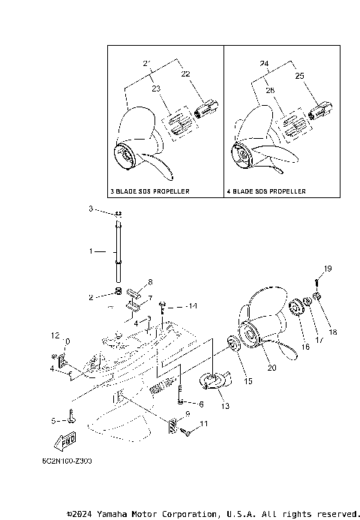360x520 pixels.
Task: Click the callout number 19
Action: [x=328, y=269]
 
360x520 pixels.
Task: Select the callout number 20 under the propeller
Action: [x=271, y=367]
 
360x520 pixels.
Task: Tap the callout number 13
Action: [x=224, y=406]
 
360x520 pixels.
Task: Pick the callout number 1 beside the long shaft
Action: [x=91, y=251]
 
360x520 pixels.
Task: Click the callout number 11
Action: [x=203, y=425]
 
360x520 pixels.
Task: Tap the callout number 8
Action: [x=149, y=283]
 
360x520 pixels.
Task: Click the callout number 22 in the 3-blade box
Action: [x=187, y=74]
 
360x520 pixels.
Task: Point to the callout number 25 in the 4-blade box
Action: [x=300, y=77]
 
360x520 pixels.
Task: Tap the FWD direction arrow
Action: [x=65, y=438]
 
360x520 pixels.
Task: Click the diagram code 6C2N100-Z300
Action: [x=73, y=460]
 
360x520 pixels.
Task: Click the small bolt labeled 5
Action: [x=70, y=416]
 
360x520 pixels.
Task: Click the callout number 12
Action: [x=55, y=335]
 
